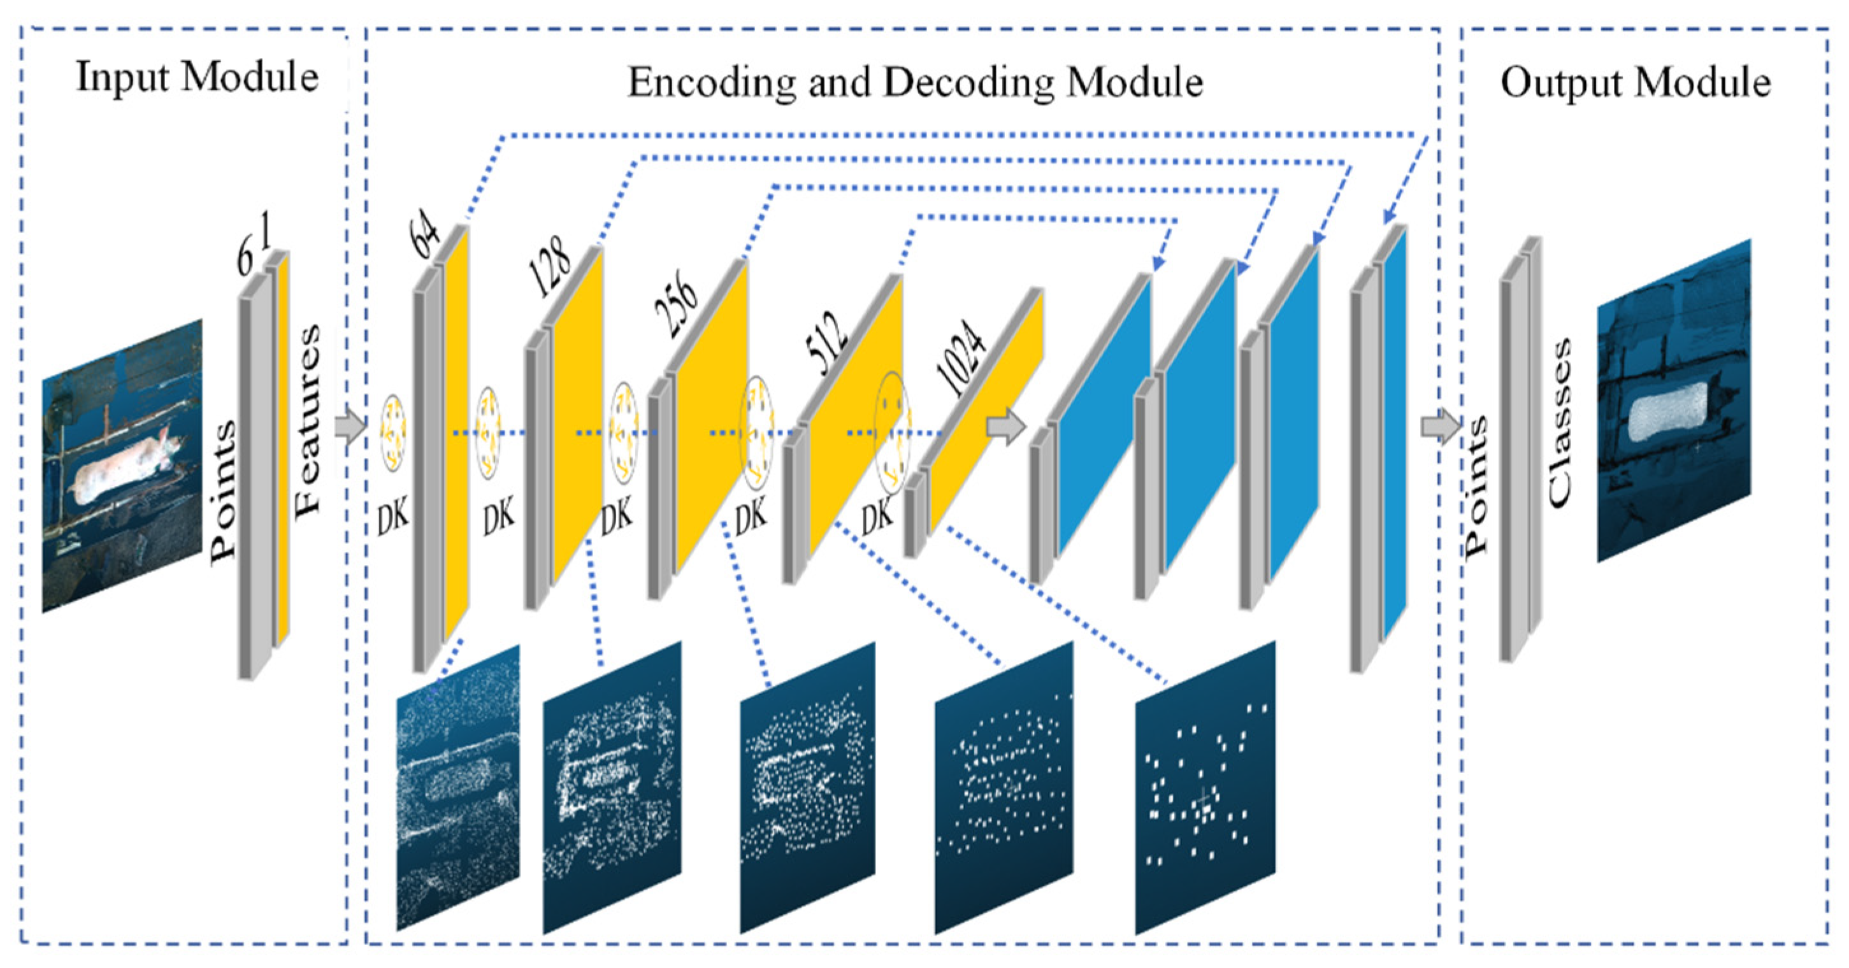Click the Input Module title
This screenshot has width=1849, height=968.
[198, 77]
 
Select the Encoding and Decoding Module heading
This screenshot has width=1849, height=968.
[915, 83]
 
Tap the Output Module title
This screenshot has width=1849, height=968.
[1636, 83]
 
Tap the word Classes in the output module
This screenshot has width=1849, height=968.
[1559, 423]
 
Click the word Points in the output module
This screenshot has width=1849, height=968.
[1476, 487]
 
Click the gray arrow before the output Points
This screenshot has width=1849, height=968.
[1440, 428]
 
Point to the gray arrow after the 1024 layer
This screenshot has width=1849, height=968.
[1005, 428]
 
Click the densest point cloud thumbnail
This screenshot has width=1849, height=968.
[458, 786]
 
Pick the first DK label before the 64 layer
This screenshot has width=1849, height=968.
[392, 516]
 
